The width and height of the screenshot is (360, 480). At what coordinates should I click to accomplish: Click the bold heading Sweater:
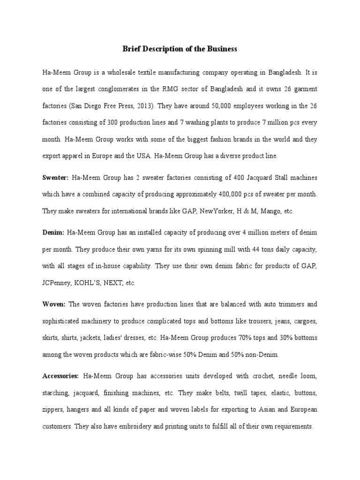(x=55, y=178)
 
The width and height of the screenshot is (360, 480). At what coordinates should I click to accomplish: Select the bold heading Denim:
(x=53, y=232)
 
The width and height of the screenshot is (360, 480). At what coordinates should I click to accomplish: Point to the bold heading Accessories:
(x=60, y=376)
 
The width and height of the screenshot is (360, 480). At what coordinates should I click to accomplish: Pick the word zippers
(x=53, y=409)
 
